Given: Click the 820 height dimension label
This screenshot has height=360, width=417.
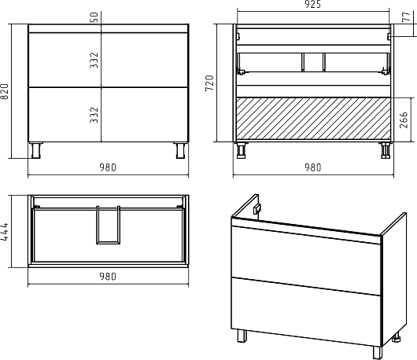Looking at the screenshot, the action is point(5,91).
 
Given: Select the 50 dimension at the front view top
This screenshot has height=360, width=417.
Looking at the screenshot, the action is point(94,17).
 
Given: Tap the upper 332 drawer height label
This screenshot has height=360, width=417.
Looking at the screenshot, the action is point(94,61).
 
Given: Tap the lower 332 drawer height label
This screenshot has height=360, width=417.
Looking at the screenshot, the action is point(94,115).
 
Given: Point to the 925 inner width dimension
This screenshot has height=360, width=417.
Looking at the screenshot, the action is point(313,4).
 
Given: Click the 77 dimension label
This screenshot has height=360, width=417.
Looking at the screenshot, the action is point(407,17).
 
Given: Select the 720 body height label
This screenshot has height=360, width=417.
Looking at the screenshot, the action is point(209,83).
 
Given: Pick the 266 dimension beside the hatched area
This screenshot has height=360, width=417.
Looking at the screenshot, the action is point(404,119).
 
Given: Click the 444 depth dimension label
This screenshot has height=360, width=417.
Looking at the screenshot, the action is point(5,232).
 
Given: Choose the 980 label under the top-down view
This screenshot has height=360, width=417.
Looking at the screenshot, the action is point(108,277).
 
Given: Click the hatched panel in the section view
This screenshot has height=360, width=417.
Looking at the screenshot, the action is point(314,118).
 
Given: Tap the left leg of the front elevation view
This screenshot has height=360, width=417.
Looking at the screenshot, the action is point(35,150).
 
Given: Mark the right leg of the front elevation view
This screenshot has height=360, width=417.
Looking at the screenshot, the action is point(181,150).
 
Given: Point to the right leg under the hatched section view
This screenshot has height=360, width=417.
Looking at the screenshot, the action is point(385,150).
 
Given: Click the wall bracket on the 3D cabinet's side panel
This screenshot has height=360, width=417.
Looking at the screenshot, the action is point(256,208).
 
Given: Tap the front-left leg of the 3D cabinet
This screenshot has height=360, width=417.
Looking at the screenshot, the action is point(242,336).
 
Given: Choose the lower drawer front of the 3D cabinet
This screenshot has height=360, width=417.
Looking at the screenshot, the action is point(306,312).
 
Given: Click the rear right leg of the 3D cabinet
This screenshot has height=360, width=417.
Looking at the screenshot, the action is point(397,337).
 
